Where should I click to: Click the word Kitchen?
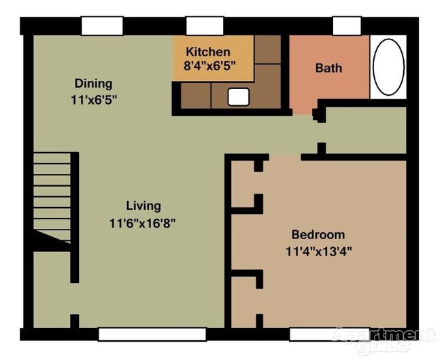[x=208, y=52]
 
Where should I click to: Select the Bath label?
[x=328, y=69]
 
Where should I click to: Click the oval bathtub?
[x=389, y=67]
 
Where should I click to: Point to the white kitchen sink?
[x=238, y=98]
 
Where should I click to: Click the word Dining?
[x=94, y=84]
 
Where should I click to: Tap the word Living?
[x=143, y=206]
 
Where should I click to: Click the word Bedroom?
[x=318, y=235]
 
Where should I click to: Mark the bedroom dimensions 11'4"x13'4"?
[x=318, y=251]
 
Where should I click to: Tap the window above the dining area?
[x=102, y=26]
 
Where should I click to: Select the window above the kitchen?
[x=201, y=26]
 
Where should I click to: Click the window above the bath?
[x=347, y=25]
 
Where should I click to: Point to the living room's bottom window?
[x=152, y=334]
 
